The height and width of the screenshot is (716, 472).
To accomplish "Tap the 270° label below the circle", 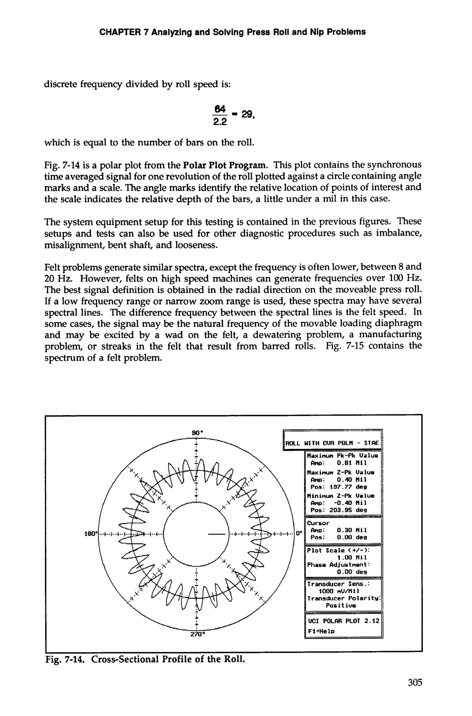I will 198,634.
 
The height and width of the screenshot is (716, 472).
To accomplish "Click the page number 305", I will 415,682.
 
